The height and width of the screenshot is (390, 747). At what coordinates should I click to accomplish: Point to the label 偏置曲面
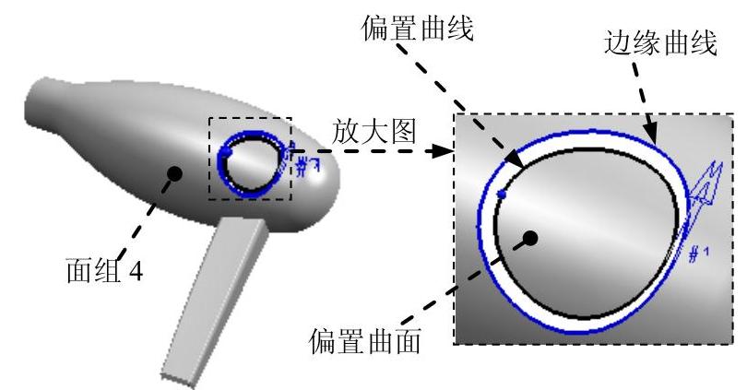click(x=367, y=342)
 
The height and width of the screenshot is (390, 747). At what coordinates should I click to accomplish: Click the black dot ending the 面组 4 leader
click(x=172, y=171)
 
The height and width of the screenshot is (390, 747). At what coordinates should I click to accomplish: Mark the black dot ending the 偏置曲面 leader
click(x=530, y=238)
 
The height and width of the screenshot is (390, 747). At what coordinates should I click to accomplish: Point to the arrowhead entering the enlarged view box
click(x=447, y=151)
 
